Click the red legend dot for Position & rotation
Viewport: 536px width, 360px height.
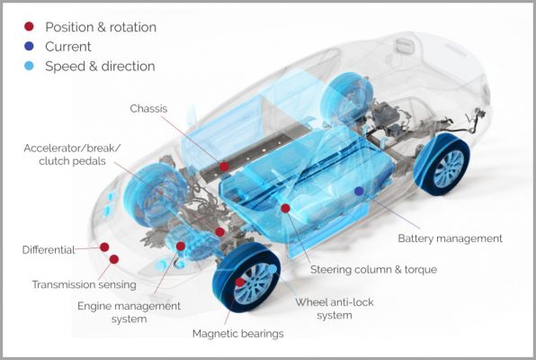29,26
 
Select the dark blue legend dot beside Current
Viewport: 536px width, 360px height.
30,46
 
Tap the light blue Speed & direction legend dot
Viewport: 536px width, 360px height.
30,66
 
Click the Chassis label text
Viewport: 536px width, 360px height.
148,109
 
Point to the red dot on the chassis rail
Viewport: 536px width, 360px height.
224,166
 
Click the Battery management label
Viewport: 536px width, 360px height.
451,238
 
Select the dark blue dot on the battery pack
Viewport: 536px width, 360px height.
359,192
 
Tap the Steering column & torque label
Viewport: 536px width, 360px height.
373,270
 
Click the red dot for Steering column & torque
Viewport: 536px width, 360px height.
285,208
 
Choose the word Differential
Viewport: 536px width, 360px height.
49,250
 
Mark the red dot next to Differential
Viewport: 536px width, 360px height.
104,247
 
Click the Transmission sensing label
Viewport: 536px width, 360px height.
85,284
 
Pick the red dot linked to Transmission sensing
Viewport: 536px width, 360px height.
114,259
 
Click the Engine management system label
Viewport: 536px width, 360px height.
129,312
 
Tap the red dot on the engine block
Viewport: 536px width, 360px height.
181,246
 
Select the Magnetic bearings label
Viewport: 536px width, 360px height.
238,333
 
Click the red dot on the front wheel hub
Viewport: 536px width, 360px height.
240,283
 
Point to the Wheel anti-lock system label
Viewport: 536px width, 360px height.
335,309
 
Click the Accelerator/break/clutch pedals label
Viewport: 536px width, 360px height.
72,154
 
